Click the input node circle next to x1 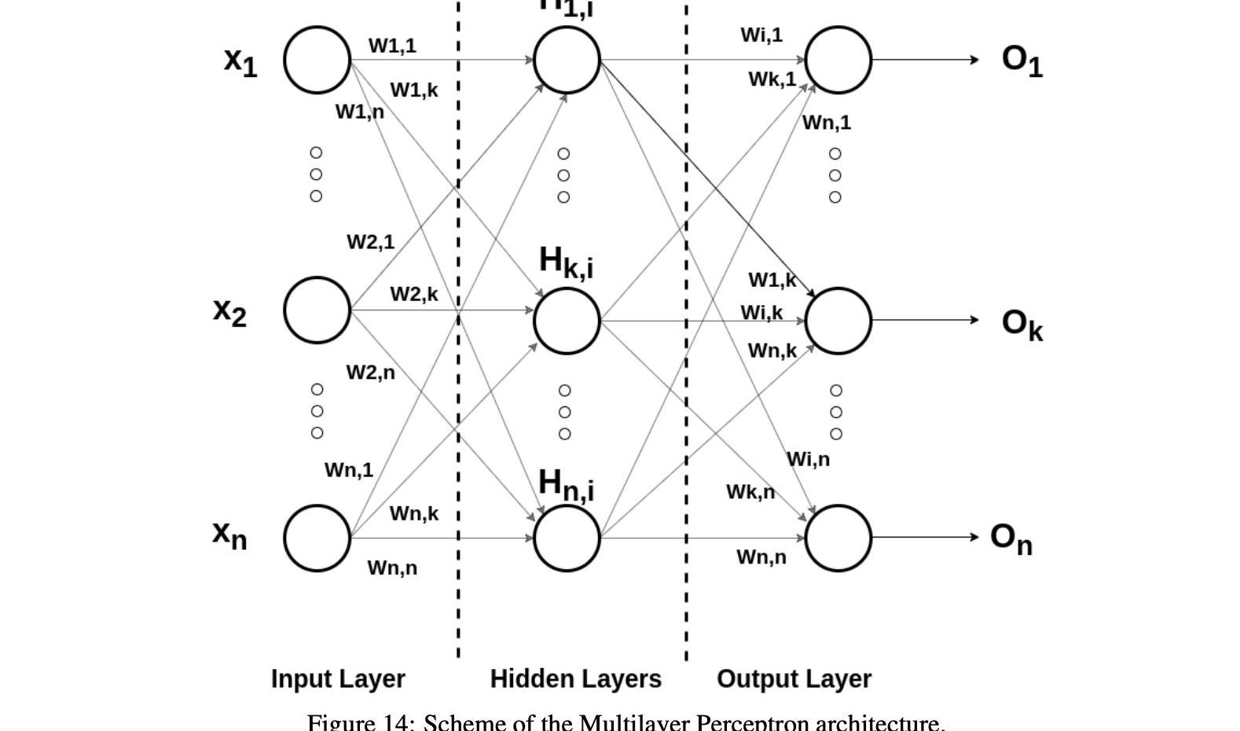point(317,60)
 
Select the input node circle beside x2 point(317,310)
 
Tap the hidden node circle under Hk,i point(567,321)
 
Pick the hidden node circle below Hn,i point(567,538)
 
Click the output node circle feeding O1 point(838,60)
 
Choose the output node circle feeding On point(838,538)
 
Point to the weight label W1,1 point(392,46)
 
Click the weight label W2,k point(413,294)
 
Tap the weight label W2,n point(370,372)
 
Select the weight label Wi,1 point(761,35)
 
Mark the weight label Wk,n point(750,492)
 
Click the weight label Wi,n point(808,459)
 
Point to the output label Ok point(1022,324)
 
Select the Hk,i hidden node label point(566,262)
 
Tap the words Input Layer point(338,678)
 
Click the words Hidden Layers point(576,678)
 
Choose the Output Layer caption point(794,678)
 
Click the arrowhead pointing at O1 point(974,60)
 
